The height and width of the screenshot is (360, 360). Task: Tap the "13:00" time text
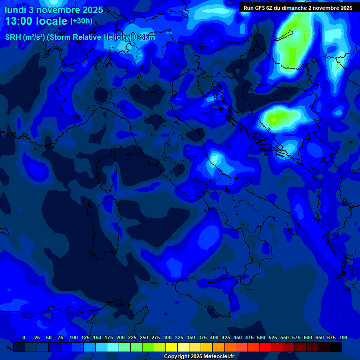[18, 21]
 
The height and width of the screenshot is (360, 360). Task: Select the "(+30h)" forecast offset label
[81, 21]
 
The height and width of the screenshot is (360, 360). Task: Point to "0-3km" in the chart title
[144, 37]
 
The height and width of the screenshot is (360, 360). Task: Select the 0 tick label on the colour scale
[24, 337]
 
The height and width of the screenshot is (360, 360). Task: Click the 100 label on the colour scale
[74, 337]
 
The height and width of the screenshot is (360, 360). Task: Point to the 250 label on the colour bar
[144, 337]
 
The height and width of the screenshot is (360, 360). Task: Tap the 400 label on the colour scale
[214, 337]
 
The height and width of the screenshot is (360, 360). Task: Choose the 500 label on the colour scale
[261, 337]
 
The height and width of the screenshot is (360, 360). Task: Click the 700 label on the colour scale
[343, 337]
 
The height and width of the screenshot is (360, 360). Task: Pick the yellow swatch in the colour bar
[172, 347]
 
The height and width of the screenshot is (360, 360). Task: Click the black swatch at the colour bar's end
[336, 347]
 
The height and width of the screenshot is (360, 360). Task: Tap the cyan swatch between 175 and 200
[113, 347]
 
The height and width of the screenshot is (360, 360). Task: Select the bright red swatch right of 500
[265, 347]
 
